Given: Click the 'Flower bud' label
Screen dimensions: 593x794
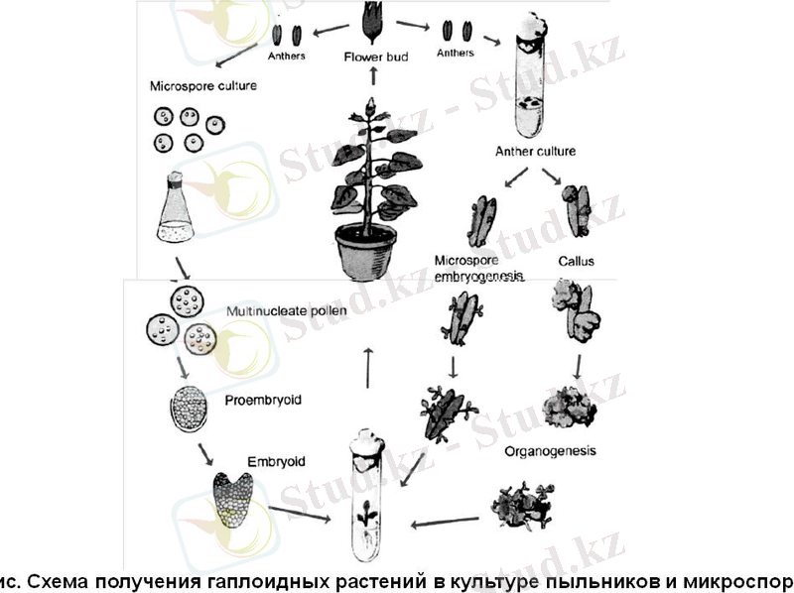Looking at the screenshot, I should pyautogui.click(x=369, y=58).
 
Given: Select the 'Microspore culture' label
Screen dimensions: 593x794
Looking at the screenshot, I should pyautogui.click(x=203, y=86).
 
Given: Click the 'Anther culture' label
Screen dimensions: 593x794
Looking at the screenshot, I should pyautogui.click(x=535, y=152).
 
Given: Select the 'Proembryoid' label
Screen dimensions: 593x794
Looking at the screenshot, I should pyautogui.click(x=263, y=401).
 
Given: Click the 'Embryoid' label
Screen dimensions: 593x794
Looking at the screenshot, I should pyautogui.click(x=276, y=462).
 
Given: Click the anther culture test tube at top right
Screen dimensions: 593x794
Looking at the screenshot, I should pyautogui.click(x=530, y=84).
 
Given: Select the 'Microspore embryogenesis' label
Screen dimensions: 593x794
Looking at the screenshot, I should pyautogui.click(x=477, y=269).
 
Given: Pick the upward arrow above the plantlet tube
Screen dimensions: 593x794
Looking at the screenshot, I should pyautogui.click(x=369, y=367).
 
